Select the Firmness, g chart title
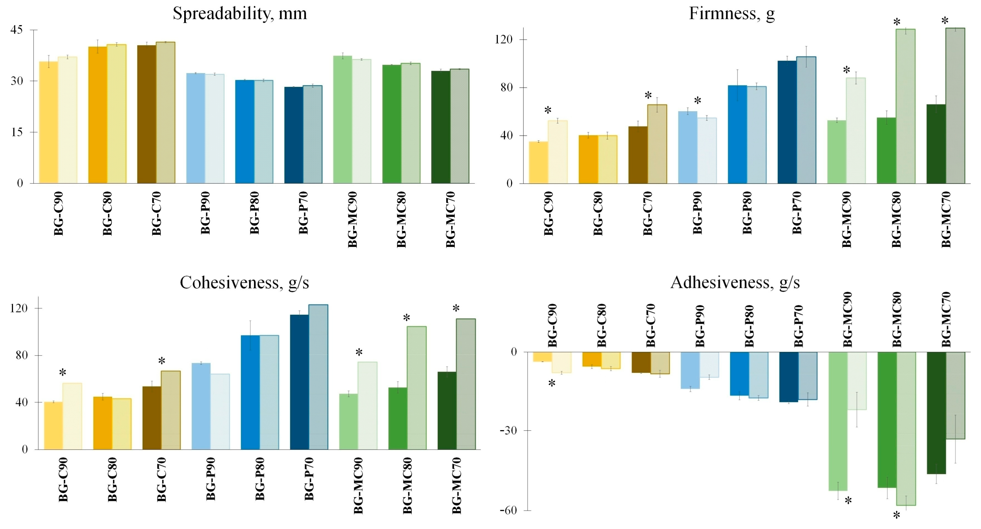732,14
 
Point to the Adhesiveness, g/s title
735,283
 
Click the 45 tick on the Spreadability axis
17,30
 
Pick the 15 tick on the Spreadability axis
17,132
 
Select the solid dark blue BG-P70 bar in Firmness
787,122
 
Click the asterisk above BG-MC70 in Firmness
945,21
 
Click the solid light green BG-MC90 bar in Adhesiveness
838,421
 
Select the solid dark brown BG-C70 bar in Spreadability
147,114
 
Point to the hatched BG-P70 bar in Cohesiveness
318,377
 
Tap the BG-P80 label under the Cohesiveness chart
260,479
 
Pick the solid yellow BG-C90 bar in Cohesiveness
54,426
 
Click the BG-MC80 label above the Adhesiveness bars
897,319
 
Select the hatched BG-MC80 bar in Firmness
906,106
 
